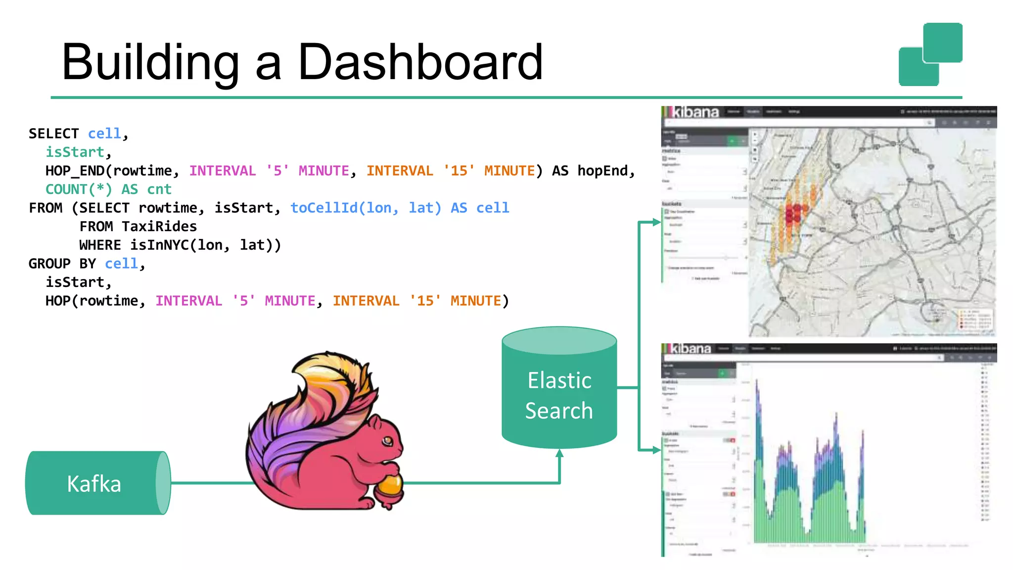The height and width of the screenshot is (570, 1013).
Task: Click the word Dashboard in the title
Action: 420,62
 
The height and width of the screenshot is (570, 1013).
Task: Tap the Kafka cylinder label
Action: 94,484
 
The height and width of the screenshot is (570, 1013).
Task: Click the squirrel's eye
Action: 387,440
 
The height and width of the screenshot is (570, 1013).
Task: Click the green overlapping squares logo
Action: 930,54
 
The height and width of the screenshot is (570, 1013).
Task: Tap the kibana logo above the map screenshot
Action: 694,112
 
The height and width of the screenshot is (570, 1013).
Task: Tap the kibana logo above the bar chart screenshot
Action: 691,349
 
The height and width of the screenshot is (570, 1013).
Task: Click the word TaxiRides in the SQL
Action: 159,227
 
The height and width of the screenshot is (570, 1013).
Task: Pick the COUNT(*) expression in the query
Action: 79,190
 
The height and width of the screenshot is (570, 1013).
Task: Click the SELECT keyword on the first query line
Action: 53,134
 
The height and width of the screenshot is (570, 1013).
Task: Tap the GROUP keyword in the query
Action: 49,264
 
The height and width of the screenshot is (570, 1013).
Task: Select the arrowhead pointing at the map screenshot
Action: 656,222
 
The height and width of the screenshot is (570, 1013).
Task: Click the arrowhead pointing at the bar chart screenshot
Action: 656,450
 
